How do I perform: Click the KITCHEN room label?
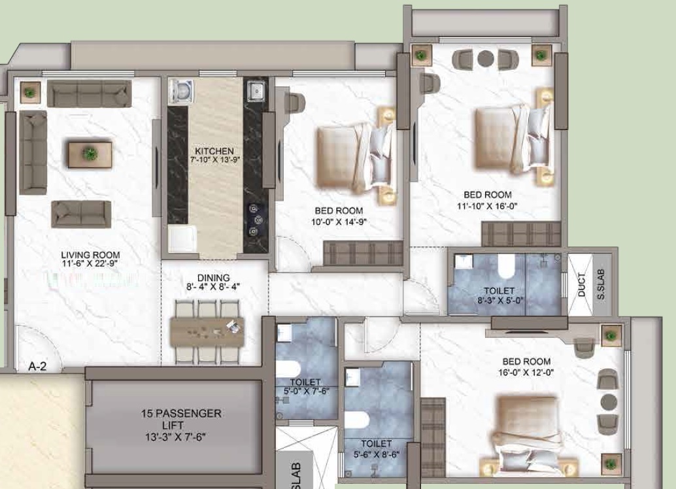point(214,151)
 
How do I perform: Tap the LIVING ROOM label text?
point(90,255)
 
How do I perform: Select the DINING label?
point(213,278)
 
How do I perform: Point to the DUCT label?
point(582,284)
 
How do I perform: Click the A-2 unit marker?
point(37,367)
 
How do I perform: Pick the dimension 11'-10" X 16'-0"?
point(487,206)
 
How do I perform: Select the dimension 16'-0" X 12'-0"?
point(526,372)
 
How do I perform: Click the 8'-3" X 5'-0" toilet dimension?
point(500,299)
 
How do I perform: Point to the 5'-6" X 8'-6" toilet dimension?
point(377,454)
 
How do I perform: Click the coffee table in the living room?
point(90,154)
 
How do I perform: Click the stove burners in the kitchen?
point(256,220)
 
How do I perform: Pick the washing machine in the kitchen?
point(181,91)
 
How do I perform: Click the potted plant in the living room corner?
point(30,92)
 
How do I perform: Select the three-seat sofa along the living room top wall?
point(90,93)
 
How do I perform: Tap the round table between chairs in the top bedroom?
point(486,58)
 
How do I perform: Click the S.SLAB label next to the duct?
point(601,284)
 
